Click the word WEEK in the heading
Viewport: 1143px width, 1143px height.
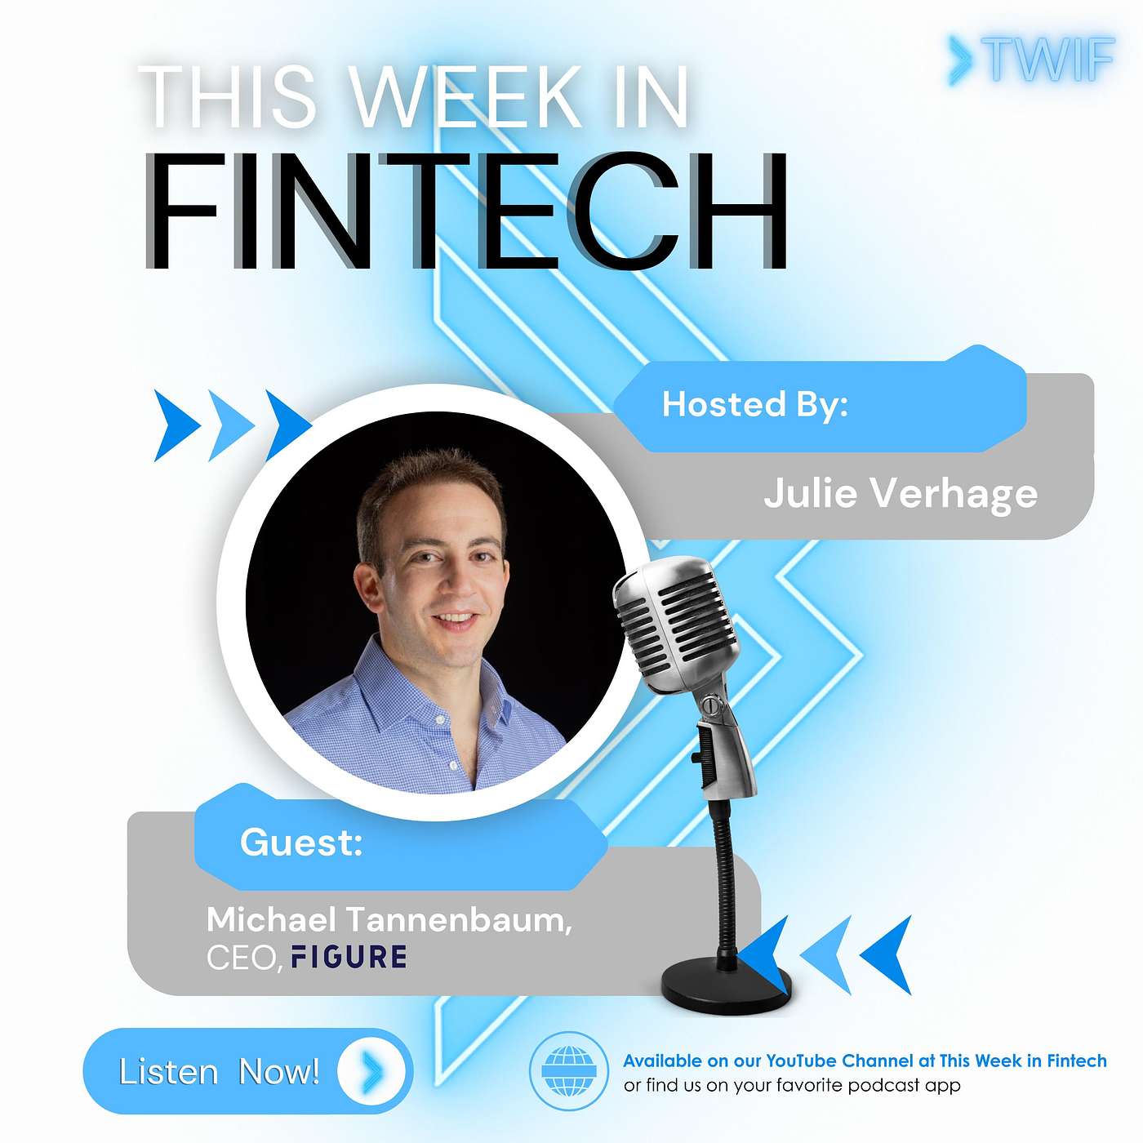[x=465, y=98]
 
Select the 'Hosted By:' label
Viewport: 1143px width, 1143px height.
[x=754, y=405]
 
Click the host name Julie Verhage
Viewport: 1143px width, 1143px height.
[x=901, y=494]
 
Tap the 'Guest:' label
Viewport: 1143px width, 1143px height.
[x=301, y=843]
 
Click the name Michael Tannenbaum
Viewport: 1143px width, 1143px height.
[x=389, y=920]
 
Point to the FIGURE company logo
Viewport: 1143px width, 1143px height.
[x=349, y=957]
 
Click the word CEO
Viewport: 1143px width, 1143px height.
[x=241, y=958]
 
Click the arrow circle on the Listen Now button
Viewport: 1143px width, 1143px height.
[x=371, y=1071]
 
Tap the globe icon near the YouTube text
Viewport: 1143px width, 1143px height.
[x=568, y=1071]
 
